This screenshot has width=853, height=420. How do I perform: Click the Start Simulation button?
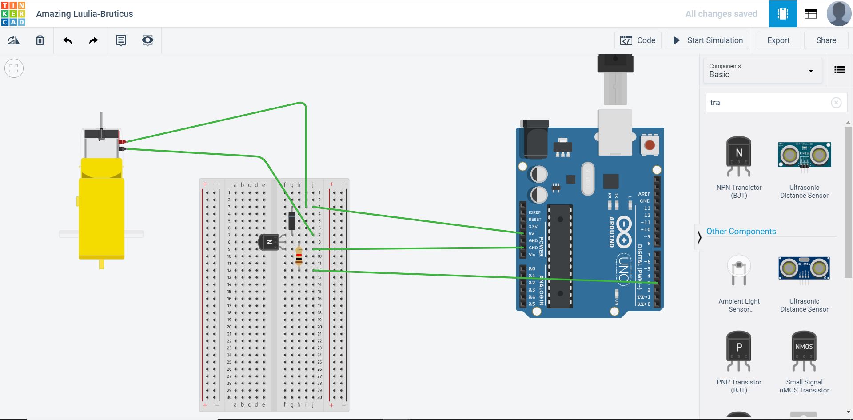pos(707,40)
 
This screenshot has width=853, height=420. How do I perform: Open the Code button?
pos(638,40)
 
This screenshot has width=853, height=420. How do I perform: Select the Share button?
pos(826,40)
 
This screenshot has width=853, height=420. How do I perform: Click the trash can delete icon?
pos(40,40)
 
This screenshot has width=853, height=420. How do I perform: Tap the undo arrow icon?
pos(67,40)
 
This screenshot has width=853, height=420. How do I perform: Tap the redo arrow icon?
pos(93,40)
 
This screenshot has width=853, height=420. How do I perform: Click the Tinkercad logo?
pos(13,13)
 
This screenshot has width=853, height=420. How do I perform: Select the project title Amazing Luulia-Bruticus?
pos(84,14)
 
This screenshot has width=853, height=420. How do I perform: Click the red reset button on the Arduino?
pos(650,145)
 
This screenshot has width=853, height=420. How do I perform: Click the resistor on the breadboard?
pos(299,256)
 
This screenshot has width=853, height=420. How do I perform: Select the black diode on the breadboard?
pos(292,221)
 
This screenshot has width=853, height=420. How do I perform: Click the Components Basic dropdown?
pos(762,71)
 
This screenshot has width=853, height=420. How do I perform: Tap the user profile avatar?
pos(839,13)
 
